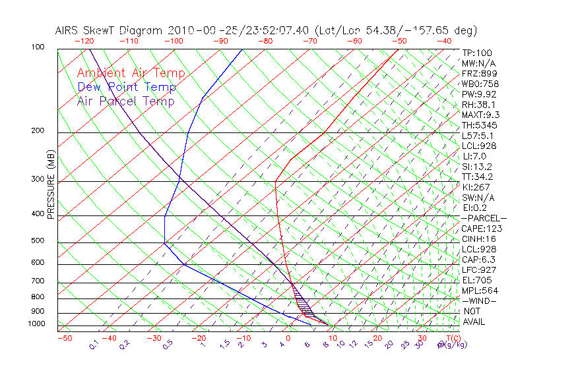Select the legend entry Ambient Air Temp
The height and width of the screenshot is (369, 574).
point(131,74)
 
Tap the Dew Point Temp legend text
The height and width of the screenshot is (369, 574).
point(127,88)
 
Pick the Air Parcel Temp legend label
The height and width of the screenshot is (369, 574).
point(125,101)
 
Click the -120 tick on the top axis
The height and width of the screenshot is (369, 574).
point(84,41)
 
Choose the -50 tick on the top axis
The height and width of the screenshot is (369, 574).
point(400,41)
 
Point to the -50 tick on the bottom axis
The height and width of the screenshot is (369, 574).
point(64,339)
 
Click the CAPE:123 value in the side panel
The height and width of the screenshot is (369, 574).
point(482,229)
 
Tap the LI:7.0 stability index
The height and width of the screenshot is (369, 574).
point(474,156)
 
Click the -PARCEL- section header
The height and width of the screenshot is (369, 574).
point(484,218)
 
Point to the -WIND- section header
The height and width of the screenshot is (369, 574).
point(480,300)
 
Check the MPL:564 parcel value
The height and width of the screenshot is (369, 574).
point(480,291)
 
